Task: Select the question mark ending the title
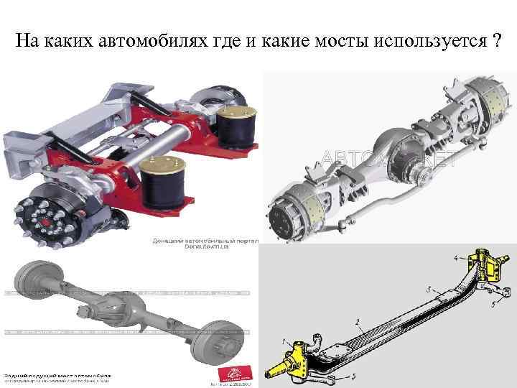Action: tap(497, 40)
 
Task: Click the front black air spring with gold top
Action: tap(162, 185)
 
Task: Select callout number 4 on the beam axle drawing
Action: tap(455, 257)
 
